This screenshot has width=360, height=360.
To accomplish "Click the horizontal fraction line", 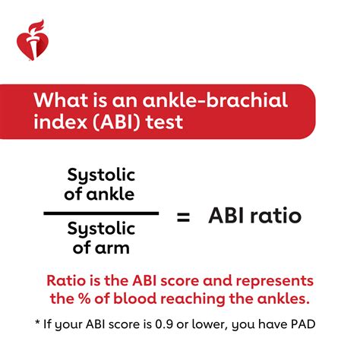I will click(x=101, y=214).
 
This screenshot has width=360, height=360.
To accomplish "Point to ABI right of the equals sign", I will click(x=229, y=216).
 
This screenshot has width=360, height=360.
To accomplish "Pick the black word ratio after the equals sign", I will click(x=277, y=216).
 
